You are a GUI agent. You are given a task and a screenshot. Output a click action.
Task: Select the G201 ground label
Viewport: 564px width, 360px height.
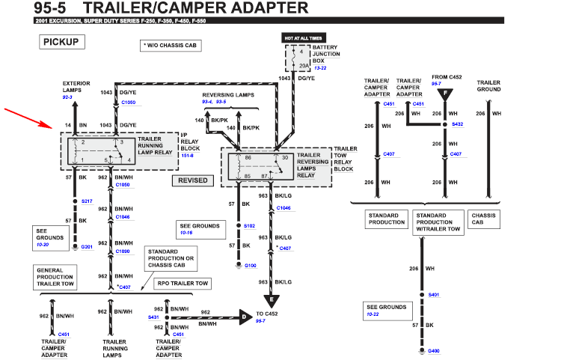pyautogui.click(x=87, y=247)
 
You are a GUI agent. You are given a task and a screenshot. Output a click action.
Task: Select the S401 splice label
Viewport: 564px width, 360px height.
pyautogui.click(x=433, y=296)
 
